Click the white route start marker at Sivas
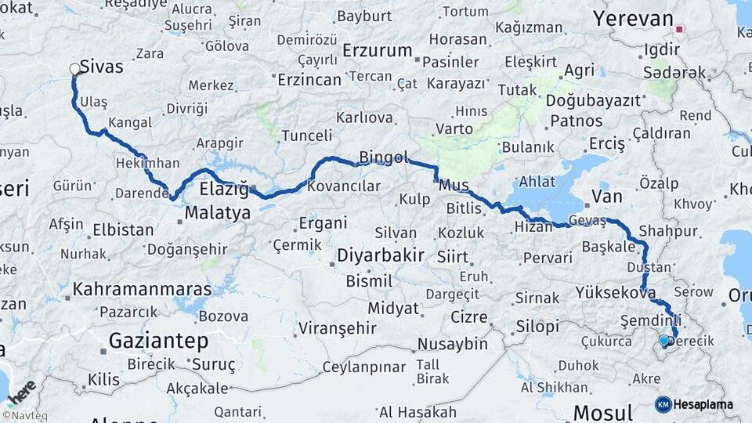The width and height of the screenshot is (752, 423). tap(76, 69)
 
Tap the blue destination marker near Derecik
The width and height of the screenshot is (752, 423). tap(664, 341)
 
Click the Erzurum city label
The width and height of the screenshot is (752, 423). tap(377, 51)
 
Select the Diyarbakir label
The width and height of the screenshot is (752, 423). tap(381, 255)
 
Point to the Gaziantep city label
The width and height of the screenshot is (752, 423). tap(158, 341)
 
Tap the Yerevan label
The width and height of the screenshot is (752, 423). tap(633, 19)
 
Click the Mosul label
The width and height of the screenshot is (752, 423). tap(602, 413)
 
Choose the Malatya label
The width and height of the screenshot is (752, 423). tap(218, 213)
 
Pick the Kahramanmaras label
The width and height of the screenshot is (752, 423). tap(142, 289)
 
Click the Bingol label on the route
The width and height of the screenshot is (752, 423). tap(384, 158)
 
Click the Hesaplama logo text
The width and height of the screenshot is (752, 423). tap(703, 404)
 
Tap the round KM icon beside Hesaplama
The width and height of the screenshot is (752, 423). tap(663, 404)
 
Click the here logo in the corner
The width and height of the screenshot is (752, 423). tap(23, 391)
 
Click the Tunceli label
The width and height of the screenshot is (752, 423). tap(306, 136)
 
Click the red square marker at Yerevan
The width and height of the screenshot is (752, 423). tap(679, 31)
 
